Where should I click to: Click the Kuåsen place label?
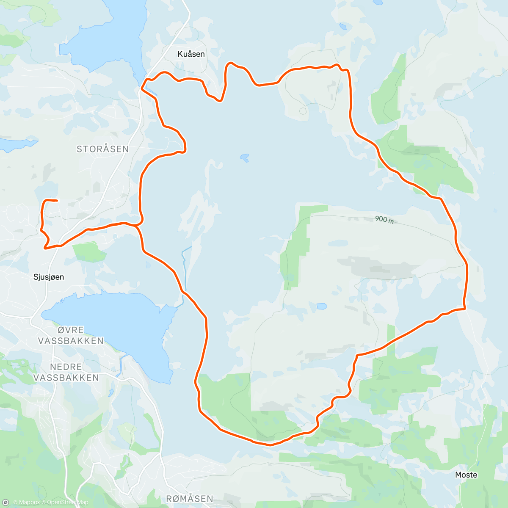[191, 54]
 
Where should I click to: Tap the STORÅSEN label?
[102, 149]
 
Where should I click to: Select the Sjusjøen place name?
[49, 277]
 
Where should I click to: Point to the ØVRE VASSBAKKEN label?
[70, 335]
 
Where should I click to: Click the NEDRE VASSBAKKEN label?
[66, 372]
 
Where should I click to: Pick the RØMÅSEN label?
[189, 499]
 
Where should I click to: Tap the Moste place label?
[466, 475]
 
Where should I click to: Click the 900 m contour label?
[384, 219]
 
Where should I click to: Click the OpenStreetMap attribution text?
[67, 502]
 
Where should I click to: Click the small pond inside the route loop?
[244, 158]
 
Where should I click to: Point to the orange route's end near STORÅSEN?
[56, 200]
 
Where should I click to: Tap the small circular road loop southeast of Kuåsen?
[303, 111]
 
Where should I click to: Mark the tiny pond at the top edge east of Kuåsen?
[342, 26]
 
